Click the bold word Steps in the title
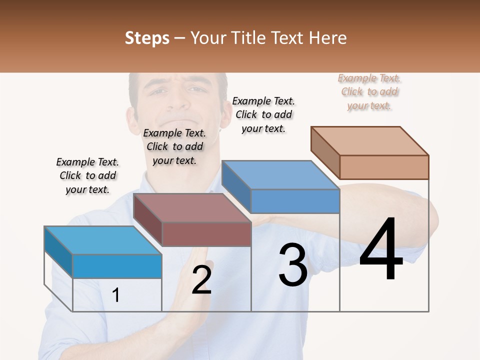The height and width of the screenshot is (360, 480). tap(147, 38)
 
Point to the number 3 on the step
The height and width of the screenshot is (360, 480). tap(293, 265)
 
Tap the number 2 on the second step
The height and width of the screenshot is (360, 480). tap(201, 280)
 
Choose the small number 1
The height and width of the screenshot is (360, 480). tap(116, 295)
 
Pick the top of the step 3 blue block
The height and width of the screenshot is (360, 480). tap(280, 174)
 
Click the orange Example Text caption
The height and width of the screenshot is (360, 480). tap(369, 92)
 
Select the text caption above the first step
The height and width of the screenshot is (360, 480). tap(87, 175)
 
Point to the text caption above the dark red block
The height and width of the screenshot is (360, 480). tap(174, 146)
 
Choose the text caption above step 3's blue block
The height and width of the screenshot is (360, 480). tap(263, 114)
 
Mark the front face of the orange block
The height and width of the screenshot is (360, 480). tap(384, 167)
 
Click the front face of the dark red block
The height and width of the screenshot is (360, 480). tap(206, 234)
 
